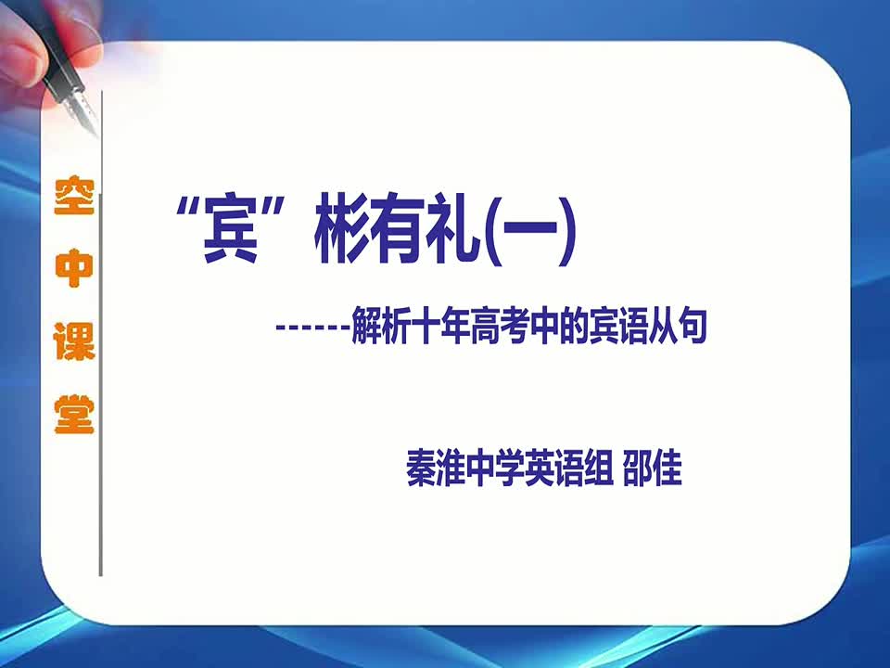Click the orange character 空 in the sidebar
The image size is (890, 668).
pyautogui.click(x=74, y=196)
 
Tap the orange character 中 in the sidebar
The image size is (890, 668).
pyautogui.click(x=74, y=268)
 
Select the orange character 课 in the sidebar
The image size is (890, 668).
pyautogui.click(x=74, y=341)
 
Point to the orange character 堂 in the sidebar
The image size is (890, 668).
pyautogui.click(x=74, y=414)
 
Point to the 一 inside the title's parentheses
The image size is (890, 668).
pyautogui.click(x=530, y=229)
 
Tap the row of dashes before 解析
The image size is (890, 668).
pyautogui.click(x=312, y=328)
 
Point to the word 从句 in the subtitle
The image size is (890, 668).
pyautogui.click(x=678, y=327)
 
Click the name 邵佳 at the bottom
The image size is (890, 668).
pyautogui.click(x=652, y=469)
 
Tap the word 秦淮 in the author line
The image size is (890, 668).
pyautogui.click(x=436, y=469)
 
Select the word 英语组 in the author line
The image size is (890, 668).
pyautogui.click(x=568, y=469)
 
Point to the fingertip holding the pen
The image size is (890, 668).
pyautogui.click(x=21, y=62)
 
